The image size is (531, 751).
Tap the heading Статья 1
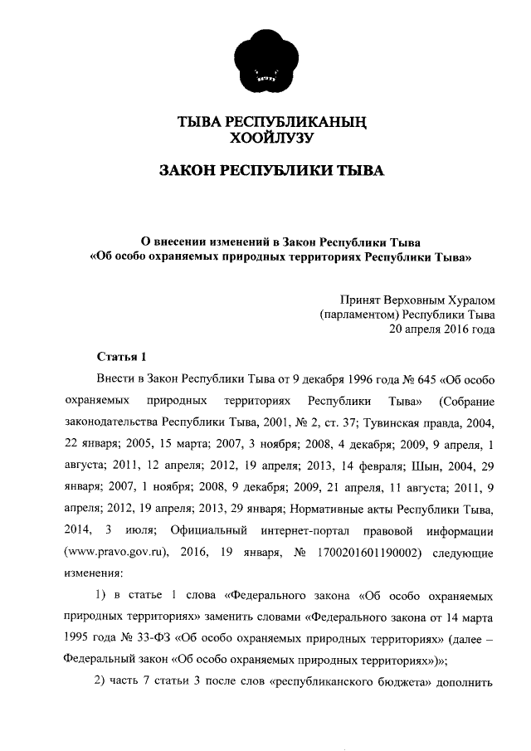point(121,358)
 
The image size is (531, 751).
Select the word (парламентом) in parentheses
point(358,314)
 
